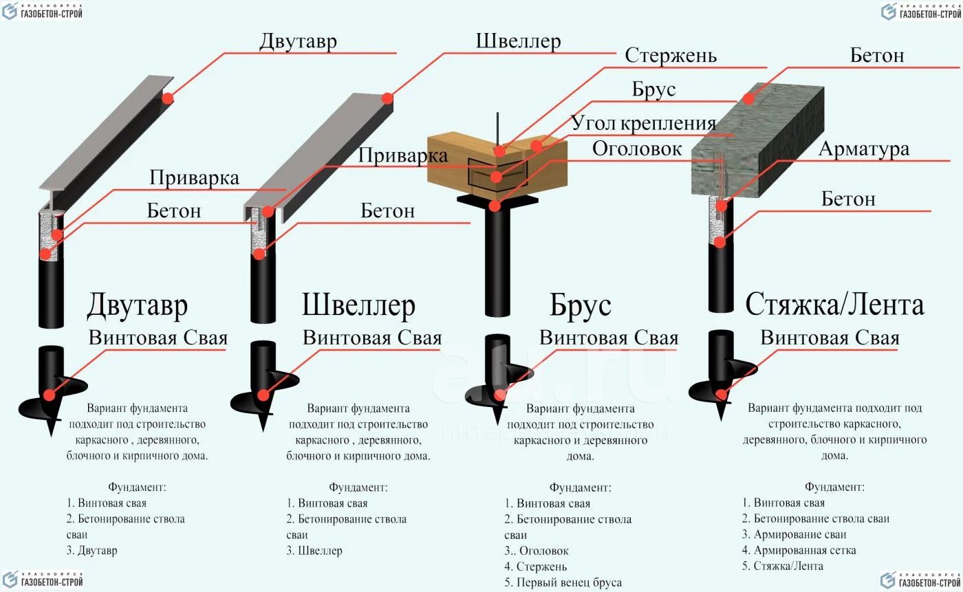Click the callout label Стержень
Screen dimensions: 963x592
tap(671, 56)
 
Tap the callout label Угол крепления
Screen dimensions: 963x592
tap(643, 123)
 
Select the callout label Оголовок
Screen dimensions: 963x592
tap(637, 149)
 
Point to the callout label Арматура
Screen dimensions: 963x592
tap(864, 149)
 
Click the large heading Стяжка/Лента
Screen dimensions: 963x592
tap(834, 305)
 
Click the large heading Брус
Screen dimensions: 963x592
tap(581, 305)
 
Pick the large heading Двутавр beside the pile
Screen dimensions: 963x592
tap(138, 305)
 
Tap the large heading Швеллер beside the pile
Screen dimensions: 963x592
tap(358, 305)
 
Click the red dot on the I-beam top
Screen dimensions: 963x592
tap(168, 98)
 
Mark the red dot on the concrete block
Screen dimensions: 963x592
tap(748, 99)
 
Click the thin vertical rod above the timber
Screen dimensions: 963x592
tap(497, 129)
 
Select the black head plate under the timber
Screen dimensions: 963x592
tap(497, 200)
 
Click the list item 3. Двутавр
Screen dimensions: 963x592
tap(91, 550)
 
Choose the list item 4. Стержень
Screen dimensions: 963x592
tap(536, 567)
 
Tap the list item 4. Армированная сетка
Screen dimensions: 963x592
tap(799, 550)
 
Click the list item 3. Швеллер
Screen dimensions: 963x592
tap(314, 550)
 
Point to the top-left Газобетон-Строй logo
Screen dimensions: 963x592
tap(42, 11)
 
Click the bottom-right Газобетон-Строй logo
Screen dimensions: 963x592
tap(920, 580)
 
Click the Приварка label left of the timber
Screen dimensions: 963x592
tap(403, 155)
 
